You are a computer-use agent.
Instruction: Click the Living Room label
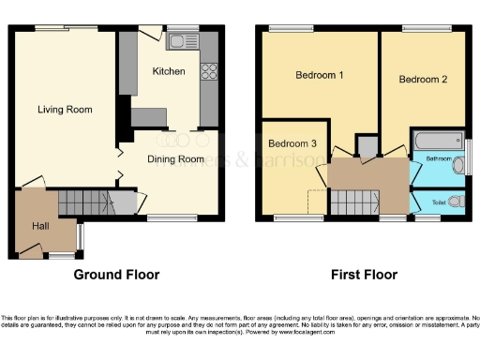pyautogui.click(x=65, y=110)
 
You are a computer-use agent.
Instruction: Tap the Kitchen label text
pyautogui.click(x=169, y=71)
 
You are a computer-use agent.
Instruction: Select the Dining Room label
pyautogui.click(x=175, y=159)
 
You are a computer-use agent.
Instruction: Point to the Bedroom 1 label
pyautogui.click(x=319, y=75)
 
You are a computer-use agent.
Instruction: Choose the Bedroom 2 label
pyautogui.click(x=422, y=80)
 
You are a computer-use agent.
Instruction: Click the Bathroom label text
pyautogui.click(x=438, y=159)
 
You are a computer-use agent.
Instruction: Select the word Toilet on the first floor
pyautogui.click(x=438, y=202)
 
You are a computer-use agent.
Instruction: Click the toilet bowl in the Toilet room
pyautogui.click(x=455, y=201)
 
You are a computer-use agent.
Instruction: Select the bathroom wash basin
pyautogui.click(x=457, y=167)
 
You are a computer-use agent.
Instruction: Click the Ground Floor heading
pyautogui.click(x=116, y=275)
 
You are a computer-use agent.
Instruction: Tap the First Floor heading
pyautogui.click(x=364, y=275)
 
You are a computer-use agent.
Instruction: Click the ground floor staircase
pyautogui.click(x=85, y=201)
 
